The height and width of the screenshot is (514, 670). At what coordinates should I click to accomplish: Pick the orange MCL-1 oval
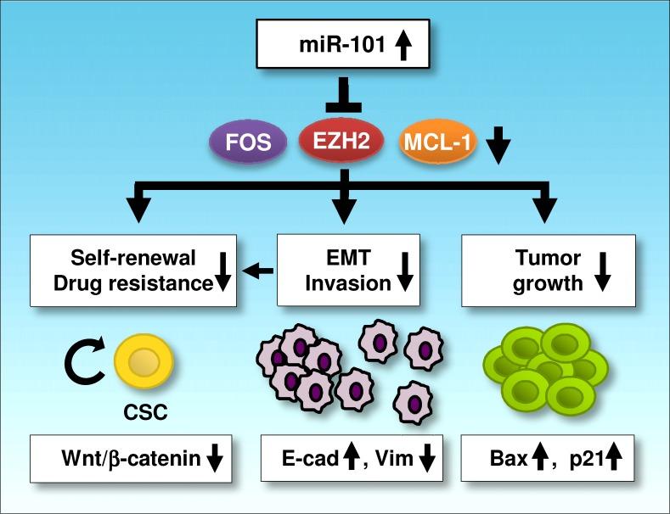coord(437,141)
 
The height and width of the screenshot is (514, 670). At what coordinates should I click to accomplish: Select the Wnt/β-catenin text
coord(118,460)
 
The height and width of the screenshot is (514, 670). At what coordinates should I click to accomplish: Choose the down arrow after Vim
coord(426,460)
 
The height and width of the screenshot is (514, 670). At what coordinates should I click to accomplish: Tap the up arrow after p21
coord(612,460)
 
